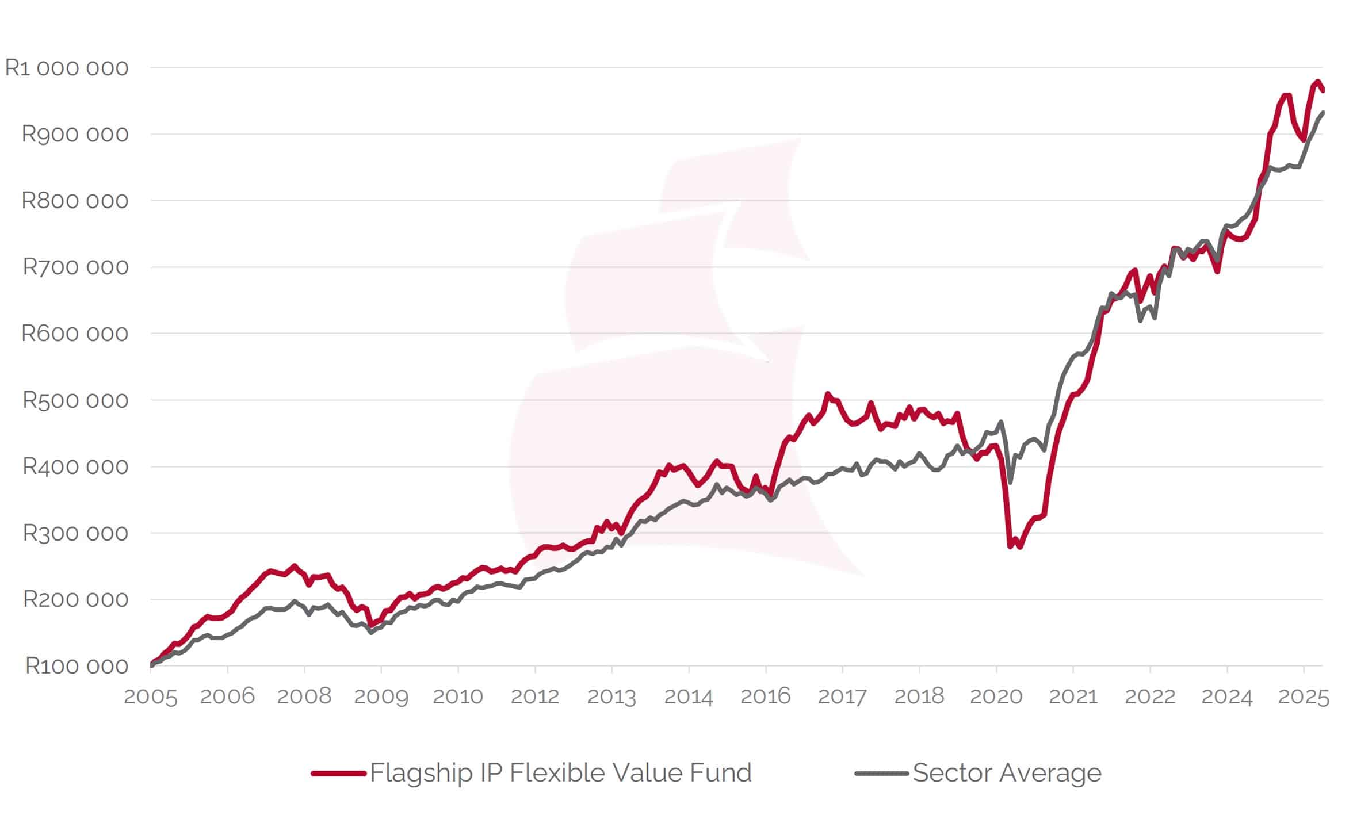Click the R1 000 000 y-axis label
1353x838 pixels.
(x=67, y=68)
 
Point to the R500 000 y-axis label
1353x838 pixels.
(x=75, y=400)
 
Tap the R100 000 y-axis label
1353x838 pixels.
(x=77, y=666)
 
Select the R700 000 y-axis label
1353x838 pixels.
(x=75, y=267)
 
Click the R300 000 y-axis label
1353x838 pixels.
(x=75, y=533)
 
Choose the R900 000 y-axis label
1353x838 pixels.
(x=75, y=134)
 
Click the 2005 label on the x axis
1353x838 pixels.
(x=151, y=697)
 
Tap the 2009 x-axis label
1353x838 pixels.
(x=381, y=697)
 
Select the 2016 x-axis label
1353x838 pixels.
(x=765, y=697)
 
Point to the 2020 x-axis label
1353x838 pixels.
(x=996, y=697)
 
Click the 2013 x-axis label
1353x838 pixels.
(x=611, y=697)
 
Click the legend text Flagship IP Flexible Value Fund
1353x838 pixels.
(x=561, y=773)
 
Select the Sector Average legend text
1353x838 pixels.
(x=1007, y=773)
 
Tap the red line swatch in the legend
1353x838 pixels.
(x=338, y=774)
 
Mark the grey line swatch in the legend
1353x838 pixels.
(x=881, y=774)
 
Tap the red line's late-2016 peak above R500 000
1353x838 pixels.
(x=828, y=394)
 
